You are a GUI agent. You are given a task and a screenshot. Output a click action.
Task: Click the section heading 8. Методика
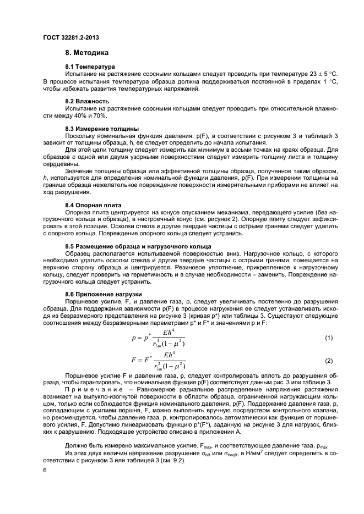coord(87,53)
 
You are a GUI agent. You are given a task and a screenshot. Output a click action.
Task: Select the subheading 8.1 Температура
coord(90,66)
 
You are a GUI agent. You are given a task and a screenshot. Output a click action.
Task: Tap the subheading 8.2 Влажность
coord(87,102)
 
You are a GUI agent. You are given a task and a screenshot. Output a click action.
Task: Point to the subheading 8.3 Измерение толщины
coord(98,128)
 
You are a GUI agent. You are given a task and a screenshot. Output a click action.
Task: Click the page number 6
coord(45,471)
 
